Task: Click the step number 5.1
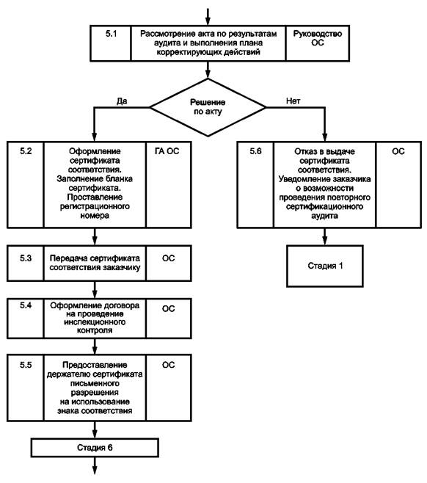111,34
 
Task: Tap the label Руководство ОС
318,38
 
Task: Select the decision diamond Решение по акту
208,107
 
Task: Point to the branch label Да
122,101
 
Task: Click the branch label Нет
293,101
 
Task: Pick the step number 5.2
26,151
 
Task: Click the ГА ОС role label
167,151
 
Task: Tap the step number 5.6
255,151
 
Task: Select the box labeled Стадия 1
325,266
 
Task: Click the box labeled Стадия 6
95,447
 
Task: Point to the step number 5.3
26,258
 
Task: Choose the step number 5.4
26,305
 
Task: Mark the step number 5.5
26,365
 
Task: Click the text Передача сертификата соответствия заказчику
95,263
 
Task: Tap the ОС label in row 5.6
398,151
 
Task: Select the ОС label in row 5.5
169,365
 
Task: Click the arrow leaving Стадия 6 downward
95,465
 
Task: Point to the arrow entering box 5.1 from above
208,17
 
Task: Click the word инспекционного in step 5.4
95,322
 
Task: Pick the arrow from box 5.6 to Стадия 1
325,236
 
